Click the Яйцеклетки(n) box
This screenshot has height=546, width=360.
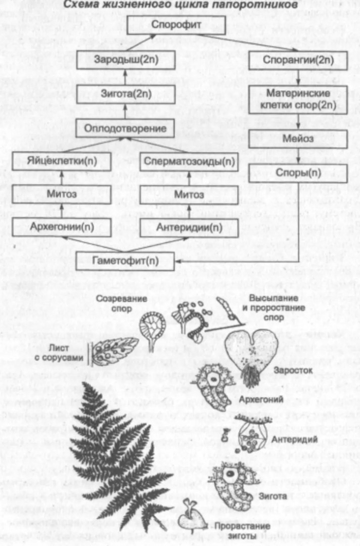61,161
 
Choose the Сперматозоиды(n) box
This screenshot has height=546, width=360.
189,161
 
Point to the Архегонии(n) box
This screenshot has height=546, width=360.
61,227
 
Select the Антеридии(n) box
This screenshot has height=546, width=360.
189,227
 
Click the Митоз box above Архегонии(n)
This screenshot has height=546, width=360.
61,194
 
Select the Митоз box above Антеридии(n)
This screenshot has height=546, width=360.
189,194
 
